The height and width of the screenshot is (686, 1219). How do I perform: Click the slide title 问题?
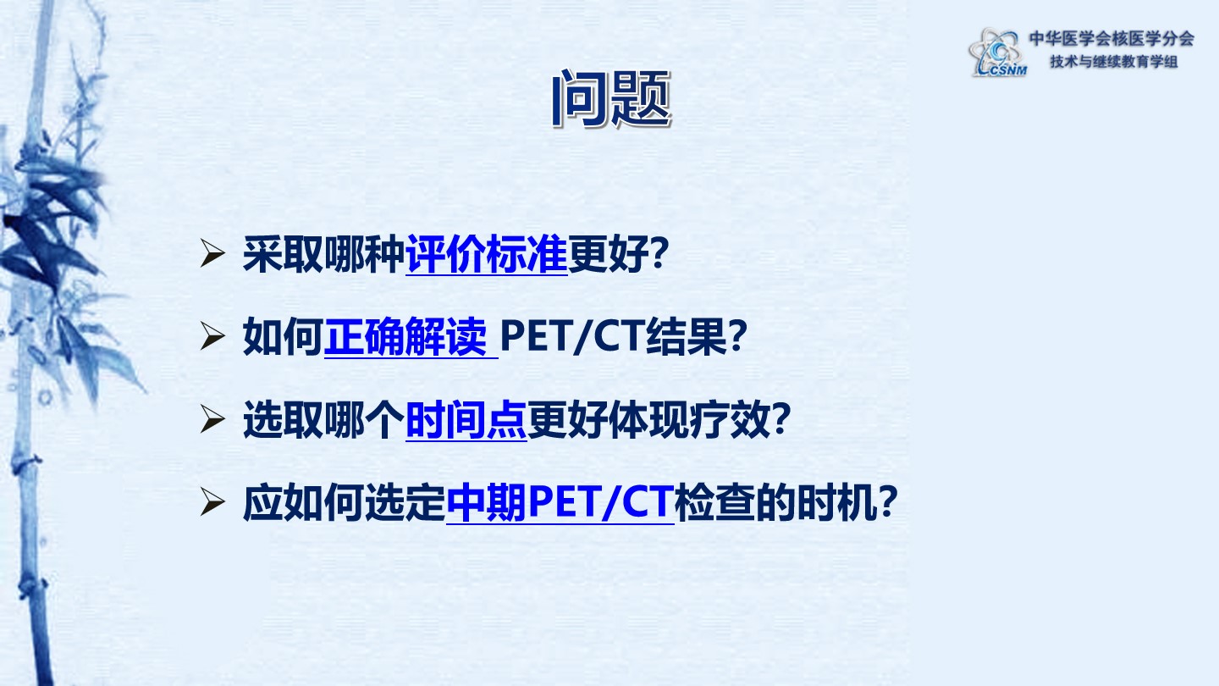point(611,99)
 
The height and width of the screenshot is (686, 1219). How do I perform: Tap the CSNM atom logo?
point(998,53)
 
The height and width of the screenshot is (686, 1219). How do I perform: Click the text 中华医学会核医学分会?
point(1111,39)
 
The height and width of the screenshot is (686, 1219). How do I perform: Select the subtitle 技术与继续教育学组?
point(1114,62)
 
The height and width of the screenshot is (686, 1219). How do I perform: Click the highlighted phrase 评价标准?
point(487,254)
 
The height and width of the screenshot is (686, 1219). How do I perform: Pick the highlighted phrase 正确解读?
point(405,336)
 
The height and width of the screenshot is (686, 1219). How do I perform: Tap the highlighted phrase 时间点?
point(466,420)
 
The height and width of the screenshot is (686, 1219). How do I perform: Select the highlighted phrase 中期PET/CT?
point(560,502)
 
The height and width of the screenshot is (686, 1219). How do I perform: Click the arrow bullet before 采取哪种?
point(212,253)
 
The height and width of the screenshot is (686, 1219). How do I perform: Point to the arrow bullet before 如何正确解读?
point(212,336)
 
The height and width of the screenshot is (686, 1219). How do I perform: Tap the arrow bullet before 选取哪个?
point(212,419)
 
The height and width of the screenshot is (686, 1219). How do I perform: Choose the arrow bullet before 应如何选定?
point(212,502)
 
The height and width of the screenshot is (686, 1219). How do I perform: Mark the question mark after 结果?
point(738,336)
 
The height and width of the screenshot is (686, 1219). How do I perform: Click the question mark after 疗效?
point(780,420)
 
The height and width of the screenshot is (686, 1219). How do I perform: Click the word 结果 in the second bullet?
point(687,336)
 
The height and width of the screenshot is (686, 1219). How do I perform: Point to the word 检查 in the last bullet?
point(714,502)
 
